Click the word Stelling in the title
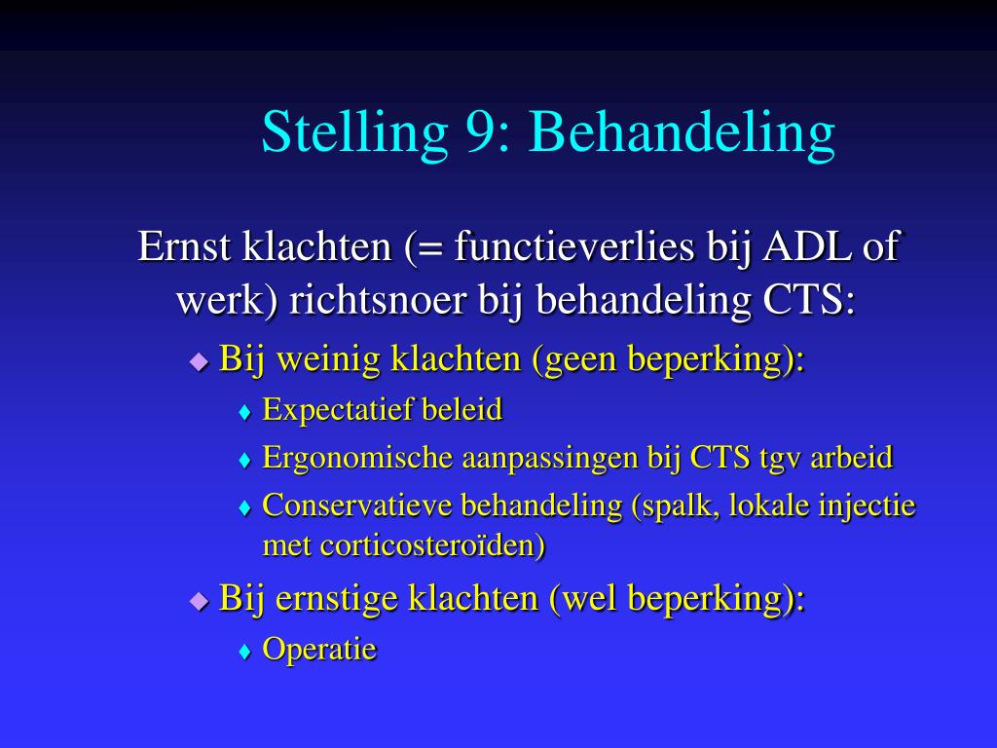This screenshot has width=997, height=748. (x=353, y=132)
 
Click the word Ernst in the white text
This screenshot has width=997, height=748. (x=185, y=246)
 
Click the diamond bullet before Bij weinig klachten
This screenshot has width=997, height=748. (x=200, y=361)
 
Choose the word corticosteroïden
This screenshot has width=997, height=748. (x=433, y=545)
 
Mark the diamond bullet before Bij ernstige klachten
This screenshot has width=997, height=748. (x=200, y=599)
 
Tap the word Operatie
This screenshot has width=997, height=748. (x=319, y=649)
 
